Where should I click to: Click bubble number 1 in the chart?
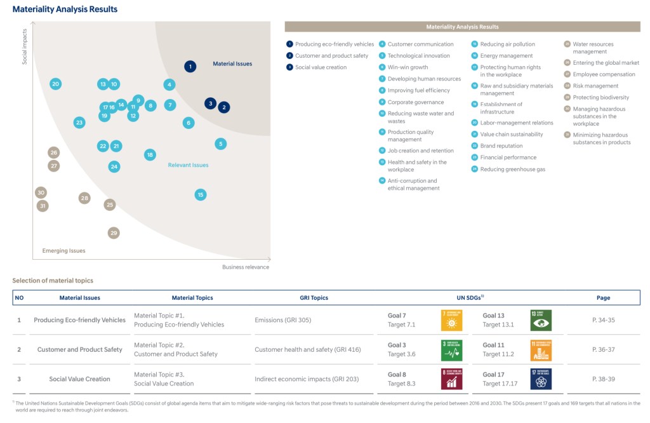tap(190, 66)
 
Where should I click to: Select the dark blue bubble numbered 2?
tap(223, 107)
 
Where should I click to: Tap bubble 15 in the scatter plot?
tap(201, 194)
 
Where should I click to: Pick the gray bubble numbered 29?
tap(114, 233)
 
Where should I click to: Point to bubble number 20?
tap(56, 84)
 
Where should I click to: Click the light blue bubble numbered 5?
tap(220, 144)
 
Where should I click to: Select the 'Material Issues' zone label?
tap(232, 64)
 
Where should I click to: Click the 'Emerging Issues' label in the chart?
tap(63, 251)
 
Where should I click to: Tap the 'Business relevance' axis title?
tap(246, 267)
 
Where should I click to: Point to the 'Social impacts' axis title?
tap(25, 46)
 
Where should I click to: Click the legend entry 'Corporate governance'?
tap(416, 102)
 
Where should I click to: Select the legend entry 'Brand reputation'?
tap(501, 146)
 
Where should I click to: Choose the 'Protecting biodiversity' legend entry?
tap(600, 97)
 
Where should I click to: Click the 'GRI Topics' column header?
tap(314, 297)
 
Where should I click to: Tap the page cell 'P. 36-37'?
tap(603, 349)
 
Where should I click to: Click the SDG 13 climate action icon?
tap(541, 320)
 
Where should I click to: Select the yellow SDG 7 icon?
tap(452, 320)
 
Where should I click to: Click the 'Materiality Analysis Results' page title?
tap(65, 10)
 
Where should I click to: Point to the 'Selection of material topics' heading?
tap(53, 280)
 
